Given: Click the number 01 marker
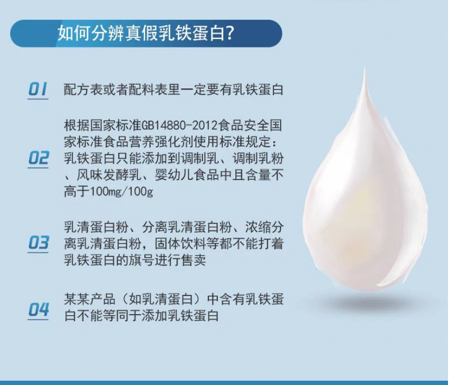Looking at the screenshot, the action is [38, 89].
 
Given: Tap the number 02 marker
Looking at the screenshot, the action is [38, 158].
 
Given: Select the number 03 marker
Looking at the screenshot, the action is [38, 243].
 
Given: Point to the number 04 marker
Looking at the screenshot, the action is [38, 310].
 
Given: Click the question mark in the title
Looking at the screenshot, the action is [229, 34].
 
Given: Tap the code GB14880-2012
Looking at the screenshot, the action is [179, 126].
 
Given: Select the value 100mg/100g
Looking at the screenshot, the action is [122, 192].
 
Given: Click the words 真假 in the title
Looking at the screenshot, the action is [142, 34].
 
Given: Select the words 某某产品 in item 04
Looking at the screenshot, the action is [90, 299].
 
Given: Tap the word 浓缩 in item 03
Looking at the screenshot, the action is [258, 227].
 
